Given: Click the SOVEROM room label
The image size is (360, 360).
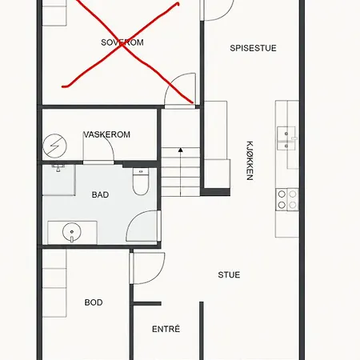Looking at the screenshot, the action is coord(122,42).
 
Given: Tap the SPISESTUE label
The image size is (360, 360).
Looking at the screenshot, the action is coord(253,48).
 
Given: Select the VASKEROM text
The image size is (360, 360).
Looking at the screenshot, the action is coord(107,134).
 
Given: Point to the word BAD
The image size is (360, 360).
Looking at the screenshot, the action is coord(100,194).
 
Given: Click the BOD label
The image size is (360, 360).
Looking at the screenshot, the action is coord(94,302).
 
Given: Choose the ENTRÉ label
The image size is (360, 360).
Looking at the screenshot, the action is coord(166,329).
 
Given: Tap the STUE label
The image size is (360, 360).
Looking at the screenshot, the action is coord(229,274).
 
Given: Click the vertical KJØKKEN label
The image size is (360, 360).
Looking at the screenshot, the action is coord(250,161).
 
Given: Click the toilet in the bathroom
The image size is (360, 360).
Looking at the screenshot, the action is coord(141,182).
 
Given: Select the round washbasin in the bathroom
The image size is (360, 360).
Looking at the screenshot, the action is coord(72,232).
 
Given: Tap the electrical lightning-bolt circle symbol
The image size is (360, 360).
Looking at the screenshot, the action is coord(55,146).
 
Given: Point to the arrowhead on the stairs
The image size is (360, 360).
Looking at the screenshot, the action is coord(181,150).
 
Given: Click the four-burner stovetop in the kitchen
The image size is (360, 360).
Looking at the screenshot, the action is coord(287,200).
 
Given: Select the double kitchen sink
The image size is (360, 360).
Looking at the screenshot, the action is coord(286,138).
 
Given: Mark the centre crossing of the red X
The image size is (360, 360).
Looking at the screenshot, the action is coord(122,45).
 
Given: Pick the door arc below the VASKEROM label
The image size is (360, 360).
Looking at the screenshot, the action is coord(108,146).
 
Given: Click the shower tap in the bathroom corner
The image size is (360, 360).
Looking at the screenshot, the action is coord(58,168).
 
